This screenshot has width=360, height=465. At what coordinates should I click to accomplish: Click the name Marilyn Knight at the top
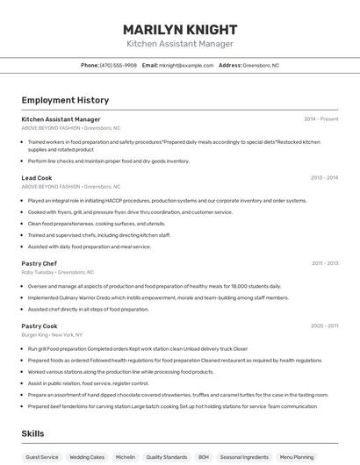coord(180,30)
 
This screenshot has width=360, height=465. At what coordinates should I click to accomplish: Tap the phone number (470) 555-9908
coord(119,65)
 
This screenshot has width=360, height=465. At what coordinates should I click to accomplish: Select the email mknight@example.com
coord(186,65)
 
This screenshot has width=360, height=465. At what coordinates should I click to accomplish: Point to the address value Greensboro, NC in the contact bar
coord(261,65)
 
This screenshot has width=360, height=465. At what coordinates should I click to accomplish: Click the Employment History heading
coord(65,101)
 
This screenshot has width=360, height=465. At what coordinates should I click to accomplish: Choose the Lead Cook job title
coord(37,178)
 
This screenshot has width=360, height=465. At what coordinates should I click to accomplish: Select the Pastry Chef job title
coord(40,263)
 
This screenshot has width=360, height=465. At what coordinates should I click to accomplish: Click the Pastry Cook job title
coord(40,326)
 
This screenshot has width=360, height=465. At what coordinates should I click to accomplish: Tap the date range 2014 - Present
coord(320,119)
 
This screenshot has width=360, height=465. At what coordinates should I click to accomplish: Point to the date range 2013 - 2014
coord(324,178)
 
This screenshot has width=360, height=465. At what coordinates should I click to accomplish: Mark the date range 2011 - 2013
coord(324,263)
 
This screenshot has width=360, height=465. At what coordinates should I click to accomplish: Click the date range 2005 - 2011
coord(324,326)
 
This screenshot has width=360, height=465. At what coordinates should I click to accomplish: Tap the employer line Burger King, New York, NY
coord(53,335)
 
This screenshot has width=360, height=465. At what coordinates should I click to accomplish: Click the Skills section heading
coord(33,433)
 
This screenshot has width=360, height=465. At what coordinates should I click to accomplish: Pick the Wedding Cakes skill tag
coord(87,457)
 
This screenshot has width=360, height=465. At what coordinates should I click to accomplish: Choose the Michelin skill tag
coord(126,457)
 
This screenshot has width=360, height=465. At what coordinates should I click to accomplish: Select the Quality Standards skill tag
coord(167,457)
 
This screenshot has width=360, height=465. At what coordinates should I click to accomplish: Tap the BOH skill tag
coord(204,457)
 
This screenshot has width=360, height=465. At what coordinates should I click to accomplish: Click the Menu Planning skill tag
coord(296,457)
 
